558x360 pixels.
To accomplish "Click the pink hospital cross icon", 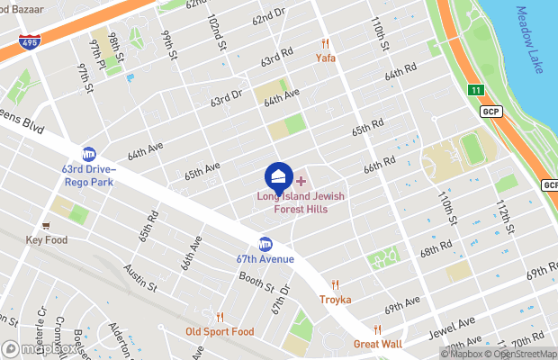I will pos(301,182).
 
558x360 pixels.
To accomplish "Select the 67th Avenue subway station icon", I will pos(265,244).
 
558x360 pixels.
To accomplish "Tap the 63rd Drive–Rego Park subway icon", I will pos(89,154).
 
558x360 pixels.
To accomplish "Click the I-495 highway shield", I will pos(30,41).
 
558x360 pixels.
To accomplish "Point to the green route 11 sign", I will pos(475,90).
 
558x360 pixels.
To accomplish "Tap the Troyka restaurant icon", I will pos(335,283).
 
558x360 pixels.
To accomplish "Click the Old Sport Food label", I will pos(220,331).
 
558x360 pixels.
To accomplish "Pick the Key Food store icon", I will pos(46,226).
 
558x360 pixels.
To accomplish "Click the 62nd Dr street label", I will pos(268,18).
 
